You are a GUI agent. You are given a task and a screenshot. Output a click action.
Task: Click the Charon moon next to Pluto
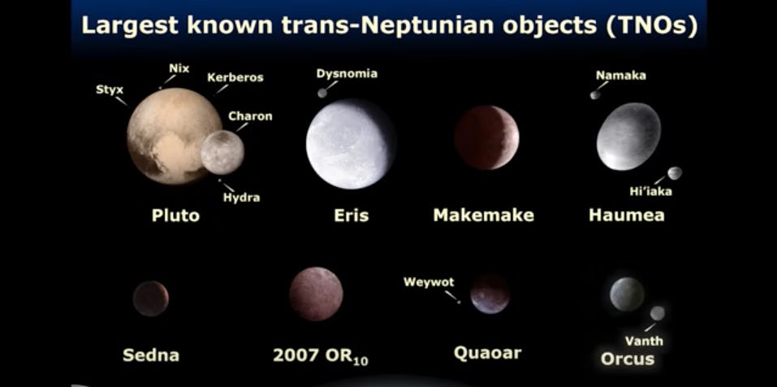[x=222, y=152]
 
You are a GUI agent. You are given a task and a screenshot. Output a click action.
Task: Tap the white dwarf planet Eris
[x=350, y=144]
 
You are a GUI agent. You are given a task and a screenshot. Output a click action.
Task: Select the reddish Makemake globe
[x=486, y=137]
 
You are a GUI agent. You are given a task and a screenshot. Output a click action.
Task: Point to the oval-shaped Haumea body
[x=628, y=136]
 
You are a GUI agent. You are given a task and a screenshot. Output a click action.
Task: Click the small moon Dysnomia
[x=322, y=93]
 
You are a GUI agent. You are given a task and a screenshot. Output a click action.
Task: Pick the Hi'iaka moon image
[x=674, y=173]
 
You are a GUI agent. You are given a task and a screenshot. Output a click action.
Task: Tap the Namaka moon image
[x=595, y=94]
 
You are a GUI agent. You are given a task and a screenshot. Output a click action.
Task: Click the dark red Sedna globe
[x=151, y=298]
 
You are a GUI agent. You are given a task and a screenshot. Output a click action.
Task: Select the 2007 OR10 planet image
[x=316, y=294]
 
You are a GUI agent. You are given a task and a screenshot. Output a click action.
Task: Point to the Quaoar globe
[x=490, y=294]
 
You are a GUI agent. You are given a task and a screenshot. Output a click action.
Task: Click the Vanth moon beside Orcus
[x=657, y=313]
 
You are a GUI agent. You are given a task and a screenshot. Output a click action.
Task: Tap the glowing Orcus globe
[x=627, y=294]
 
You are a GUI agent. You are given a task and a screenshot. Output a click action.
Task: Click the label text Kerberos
[x=235, y=77]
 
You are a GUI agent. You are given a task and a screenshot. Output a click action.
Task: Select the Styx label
[x=110, y=89]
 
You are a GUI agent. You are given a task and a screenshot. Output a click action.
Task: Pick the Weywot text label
[x=429, y=282]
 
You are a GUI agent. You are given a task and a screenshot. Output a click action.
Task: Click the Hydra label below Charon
[x=242, y=197]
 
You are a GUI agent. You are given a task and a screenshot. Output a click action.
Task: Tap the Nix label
[x=179, y=68]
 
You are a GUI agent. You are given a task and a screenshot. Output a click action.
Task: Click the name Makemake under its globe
[x=483, y=215]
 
